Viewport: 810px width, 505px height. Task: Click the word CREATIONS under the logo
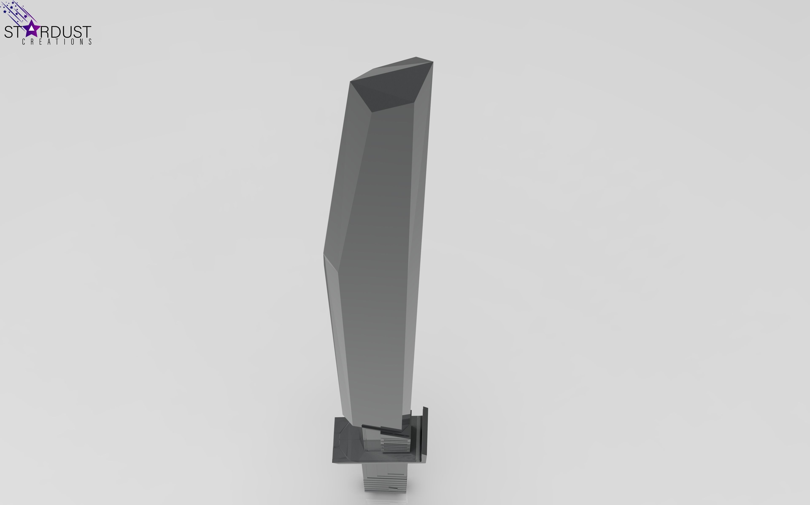[x=57, y=42]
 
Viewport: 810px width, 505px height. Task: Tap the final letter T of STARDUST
[x=86, y=32]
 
